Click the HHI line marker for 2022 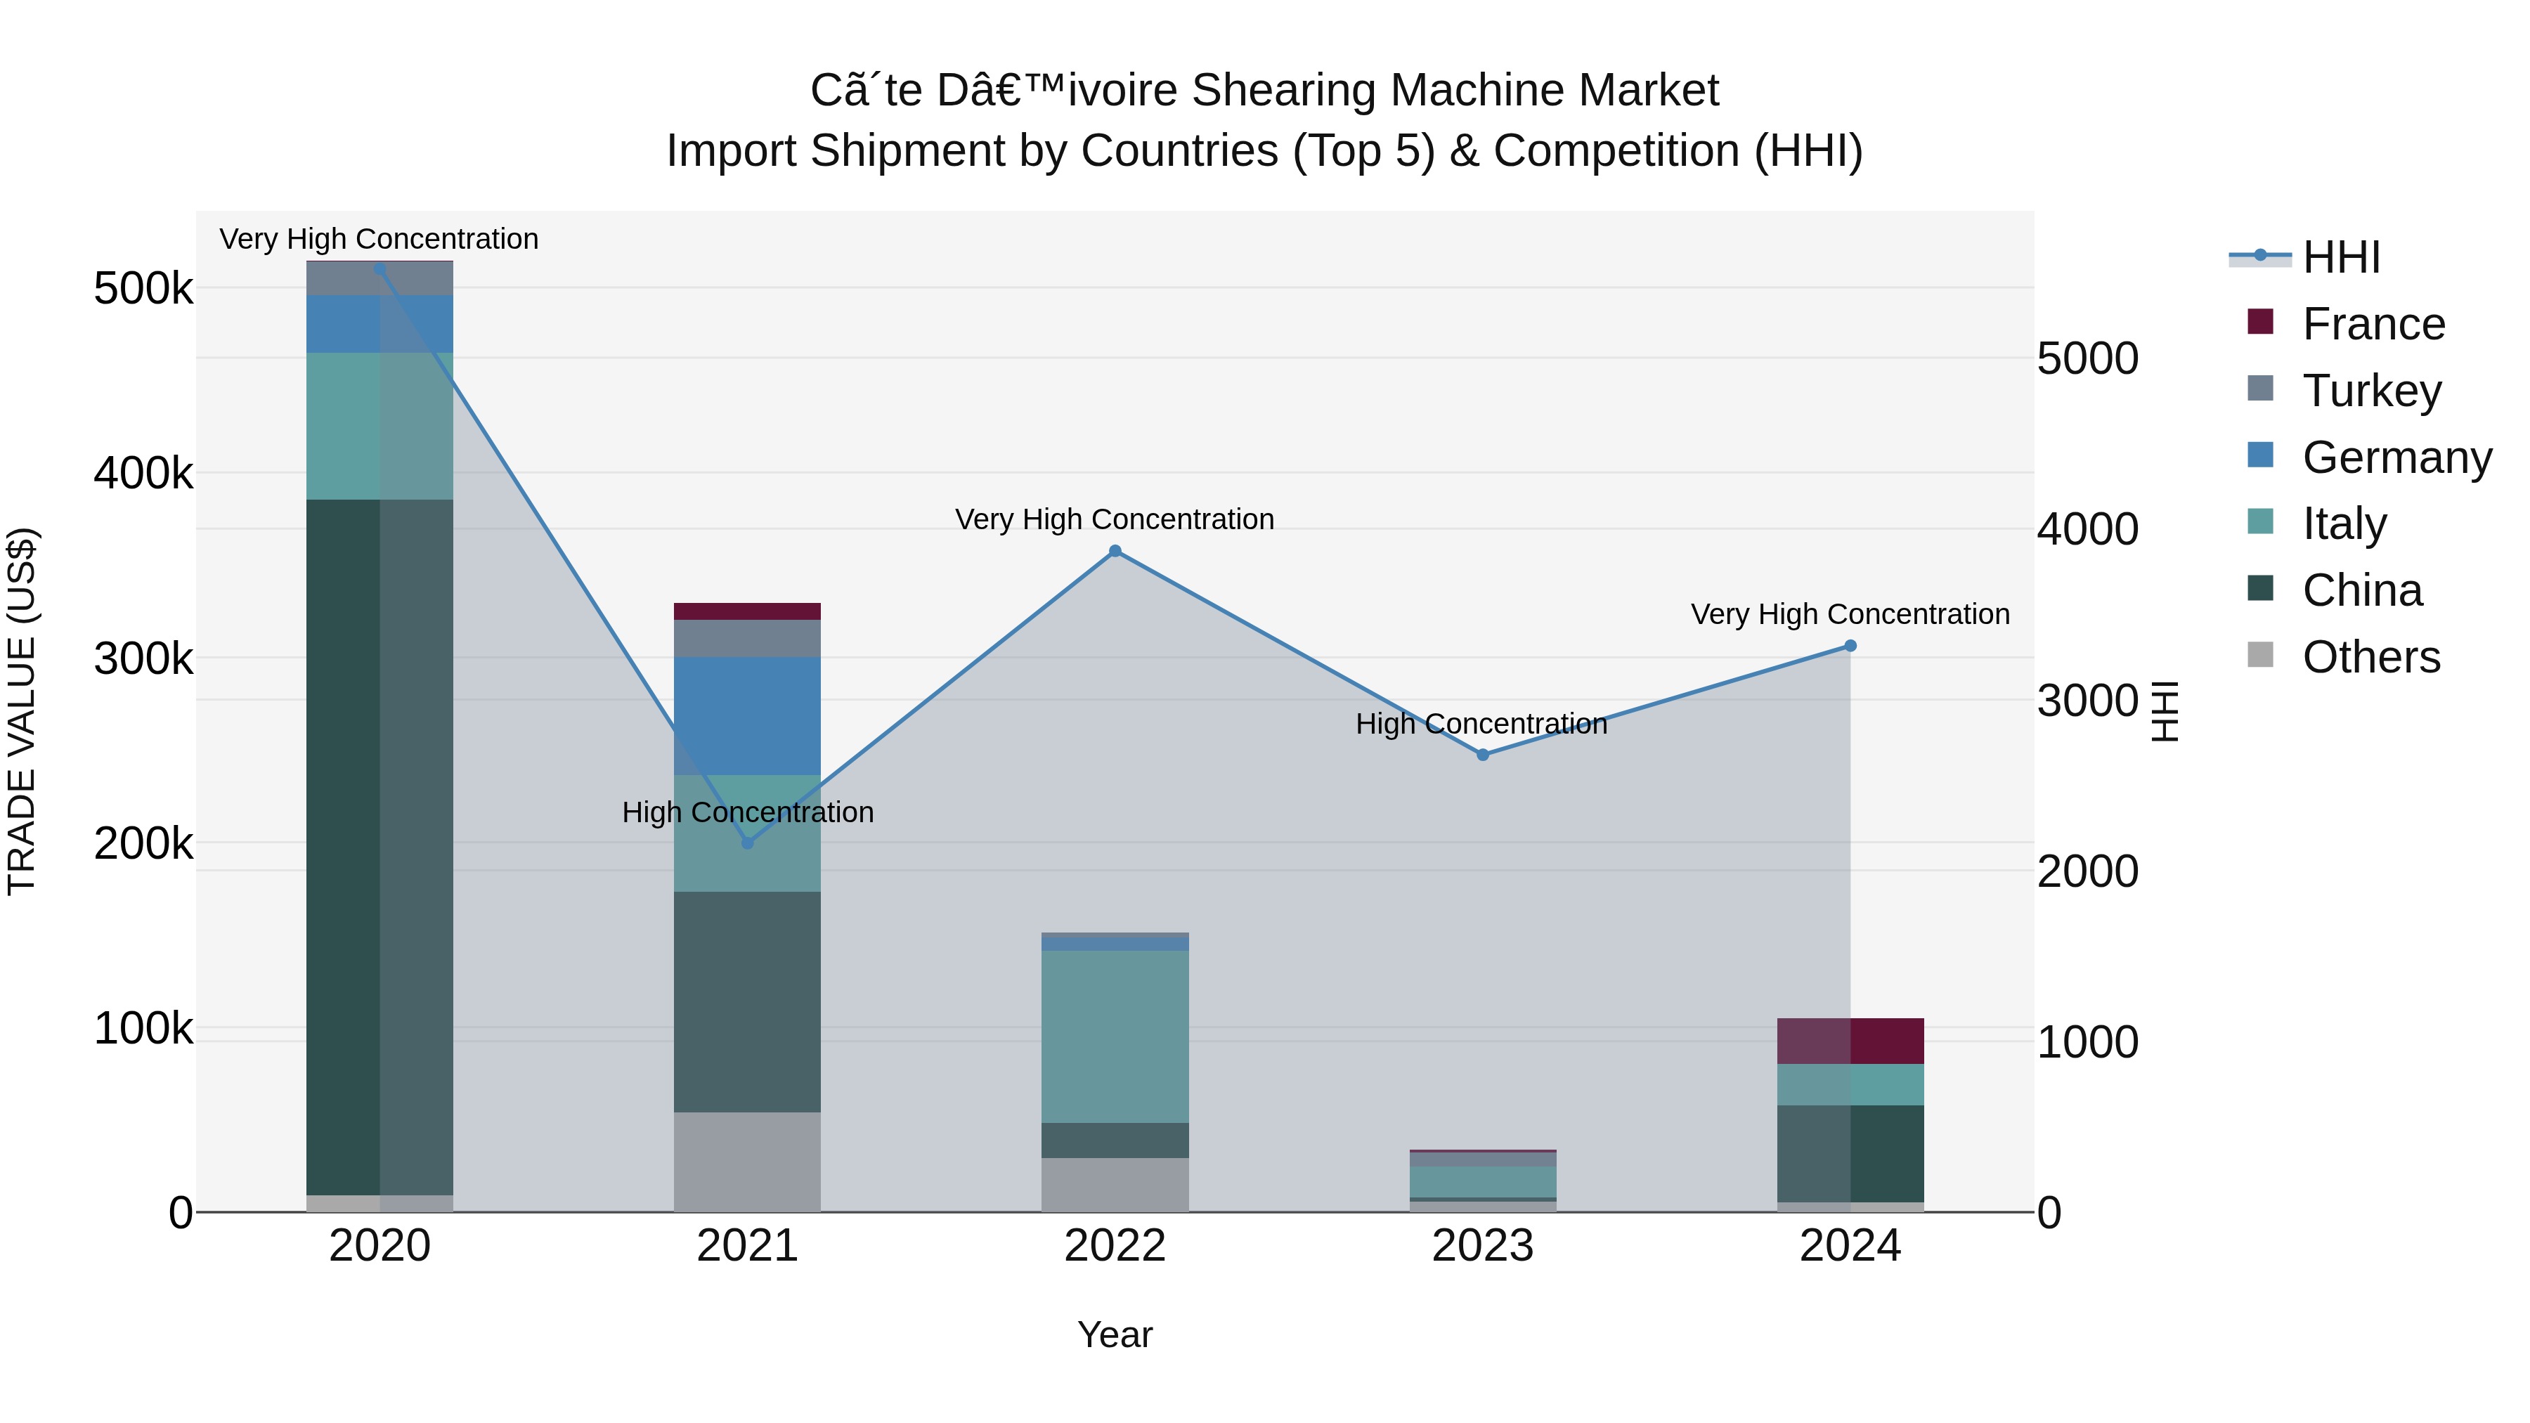point(1115,551)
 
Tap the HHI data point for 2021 point(748,843)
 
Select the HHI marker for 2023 point(1483,754)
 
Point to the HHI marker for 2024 point(1850,645)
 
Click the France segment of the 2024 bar point(1850,1041)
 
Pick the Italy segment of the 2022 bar point(1115,1036)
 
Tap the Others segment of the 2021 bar point(748,1162)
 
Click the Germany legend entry point(2396,457)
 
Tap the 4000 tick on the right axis point(2087,529)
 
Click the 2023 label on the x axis point(1483,1246)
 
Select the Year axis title point(1115,1334)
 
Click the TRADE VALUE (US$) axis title point(22,711)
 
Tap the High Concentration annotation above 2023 point(1481,724)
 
